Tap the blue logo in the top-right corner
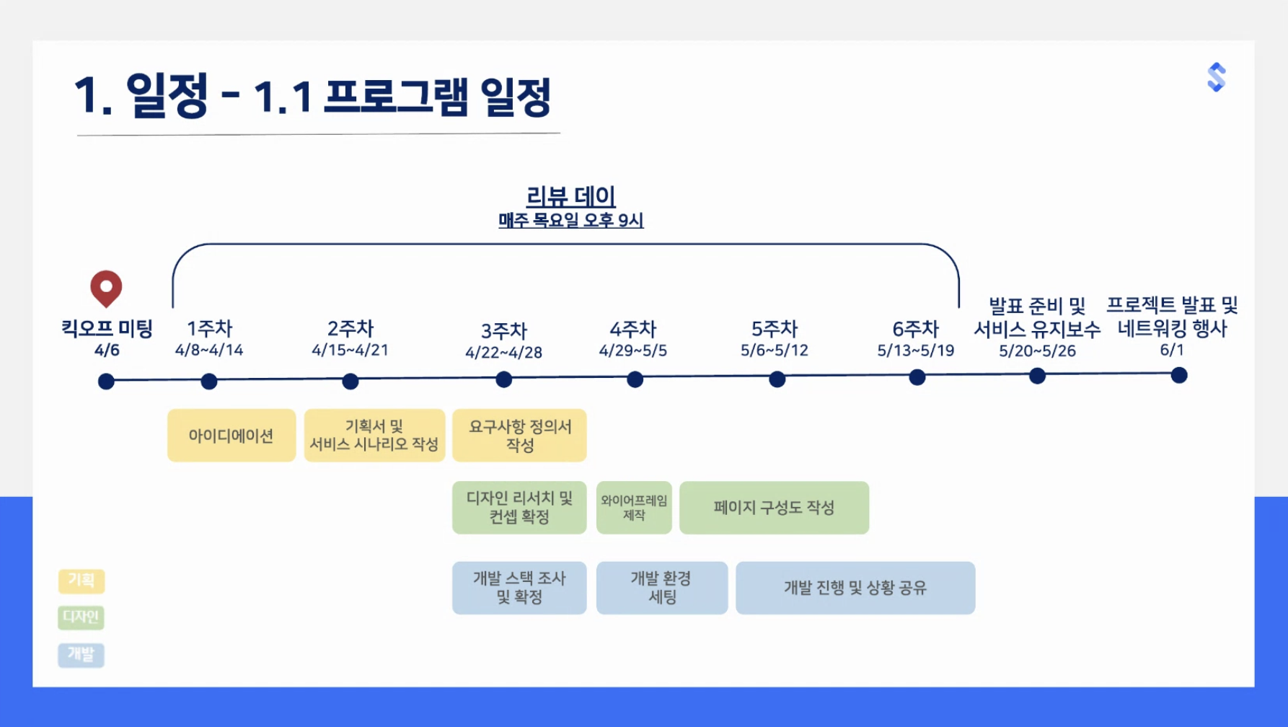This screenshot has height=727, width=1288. click(1217, 77)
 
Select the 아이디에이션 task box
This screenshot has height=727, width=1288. click(231, 436)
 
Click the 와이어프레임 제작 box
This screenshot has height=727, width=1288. click(635, 508)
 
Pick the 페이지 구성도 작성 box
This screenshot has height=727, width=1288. click(775, 508)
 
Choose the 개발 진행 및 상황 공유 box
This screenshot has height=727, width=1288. click(855, 588)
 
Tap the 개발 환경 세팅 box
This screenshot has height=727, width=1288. click(662, 588)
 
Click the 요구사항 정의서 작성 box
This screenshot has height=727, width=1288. click(519, 436)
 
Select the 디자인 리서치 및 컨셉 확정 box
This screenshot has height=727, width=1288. click(519, 508)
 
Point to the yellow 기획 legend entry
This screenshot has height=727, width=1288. click(81, 581)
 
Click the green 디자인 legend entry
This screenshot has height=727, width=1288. click(81, 617)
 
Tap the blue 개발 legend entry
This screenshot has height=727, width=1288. click(81, 655)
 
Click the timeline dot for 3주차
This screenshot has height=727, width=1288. click(504, 379)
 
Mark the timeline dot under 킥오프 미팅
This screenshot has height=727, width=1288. click(106, 382)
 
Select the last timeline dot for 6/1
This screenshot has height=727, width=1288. click(1179, 375)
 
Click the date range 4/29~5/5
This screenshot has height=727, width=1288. click(633, 351)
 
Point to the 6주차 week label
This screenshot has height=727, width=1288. click(916, 329)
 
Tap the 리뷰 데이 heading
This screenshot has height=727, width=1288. click(570, 196)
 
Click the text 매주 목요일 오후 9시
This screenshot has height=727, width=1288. click(571, 221)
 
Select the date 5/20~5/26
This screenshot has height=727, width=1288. click(1037, 351)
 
